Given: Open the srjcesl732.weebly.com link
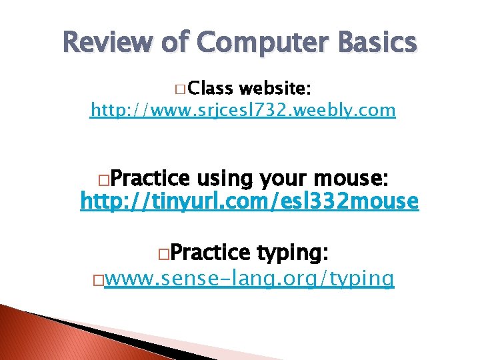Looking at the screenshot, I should (x=243, y=109).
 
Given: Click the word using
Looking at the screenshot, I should (x=225, y=179).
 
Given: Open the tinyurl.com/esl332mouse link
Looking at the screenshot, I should (x=249, y=201).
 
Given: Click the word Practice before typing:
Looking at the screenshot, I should (x=211, y=253).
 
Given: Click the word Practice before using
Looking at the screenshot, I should (x=149, y=179).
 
